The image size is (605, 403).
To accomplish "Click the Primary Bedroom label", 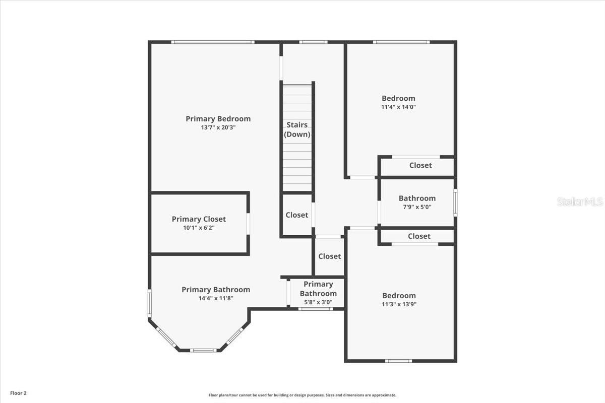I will pyautogui.click(x=218, y=119).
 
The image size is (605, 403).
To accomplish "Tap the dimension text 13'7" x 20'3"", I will pyautogui.click(x=218, y=128).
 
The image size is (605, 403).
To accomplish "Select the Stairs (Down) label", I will pyautogui.click(x=297, y=129).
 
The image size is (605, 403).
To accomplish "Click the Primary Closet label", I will pyautogui.click(x=199, y=219).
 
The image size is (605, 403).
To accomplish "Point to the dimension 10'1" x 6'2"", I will pyautogui.click(x=199, y=228).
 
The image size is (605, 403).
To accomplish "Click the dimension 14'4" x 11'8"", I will pyautogui.click(x=215, y=298).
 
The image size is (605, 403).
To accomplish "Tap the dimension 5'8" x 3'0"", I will pyautogui.click(x=318, y=303).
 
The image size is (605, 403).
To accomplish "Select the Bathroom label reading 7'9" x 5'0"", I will pyautogui.click(x=417, y=198).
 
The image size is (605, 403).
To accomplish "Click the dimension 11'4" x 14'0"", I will pyautogui.click(x=398, y=107).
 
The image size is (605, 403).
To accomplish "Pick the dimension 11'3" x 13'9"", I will pyautogui.click(x=399, y=304).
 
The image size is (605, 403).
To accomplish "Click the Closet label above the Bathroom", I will pyautogui.click(x=420, y=165).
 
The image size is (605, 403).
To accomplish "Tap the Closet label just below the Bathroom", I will pyautogui.click(x=419, y=236).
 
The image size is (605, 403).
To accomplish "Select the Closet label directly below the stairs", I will pyautogui.click(x=296, y=215).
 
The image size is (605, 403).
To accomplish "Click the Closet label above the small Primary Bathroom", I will pyautogui.click(x=329, y=256).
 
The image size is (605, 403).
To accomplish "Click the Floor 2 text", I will pyautogui.click(x=18, y=392).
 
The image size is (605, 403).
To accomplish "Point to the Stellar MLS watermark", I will pyautogui.click(x=580, y=201).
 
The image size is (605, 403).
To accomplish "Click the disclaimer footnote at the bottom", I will pyautogui.click(x=302, y=395).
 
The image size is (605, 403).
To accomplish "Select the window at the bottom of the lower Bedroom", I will pyautogui.click(x=398, y=361).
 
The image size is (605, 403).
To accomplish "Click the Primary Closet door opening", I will pyautogui.click(x=248, y=224).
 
